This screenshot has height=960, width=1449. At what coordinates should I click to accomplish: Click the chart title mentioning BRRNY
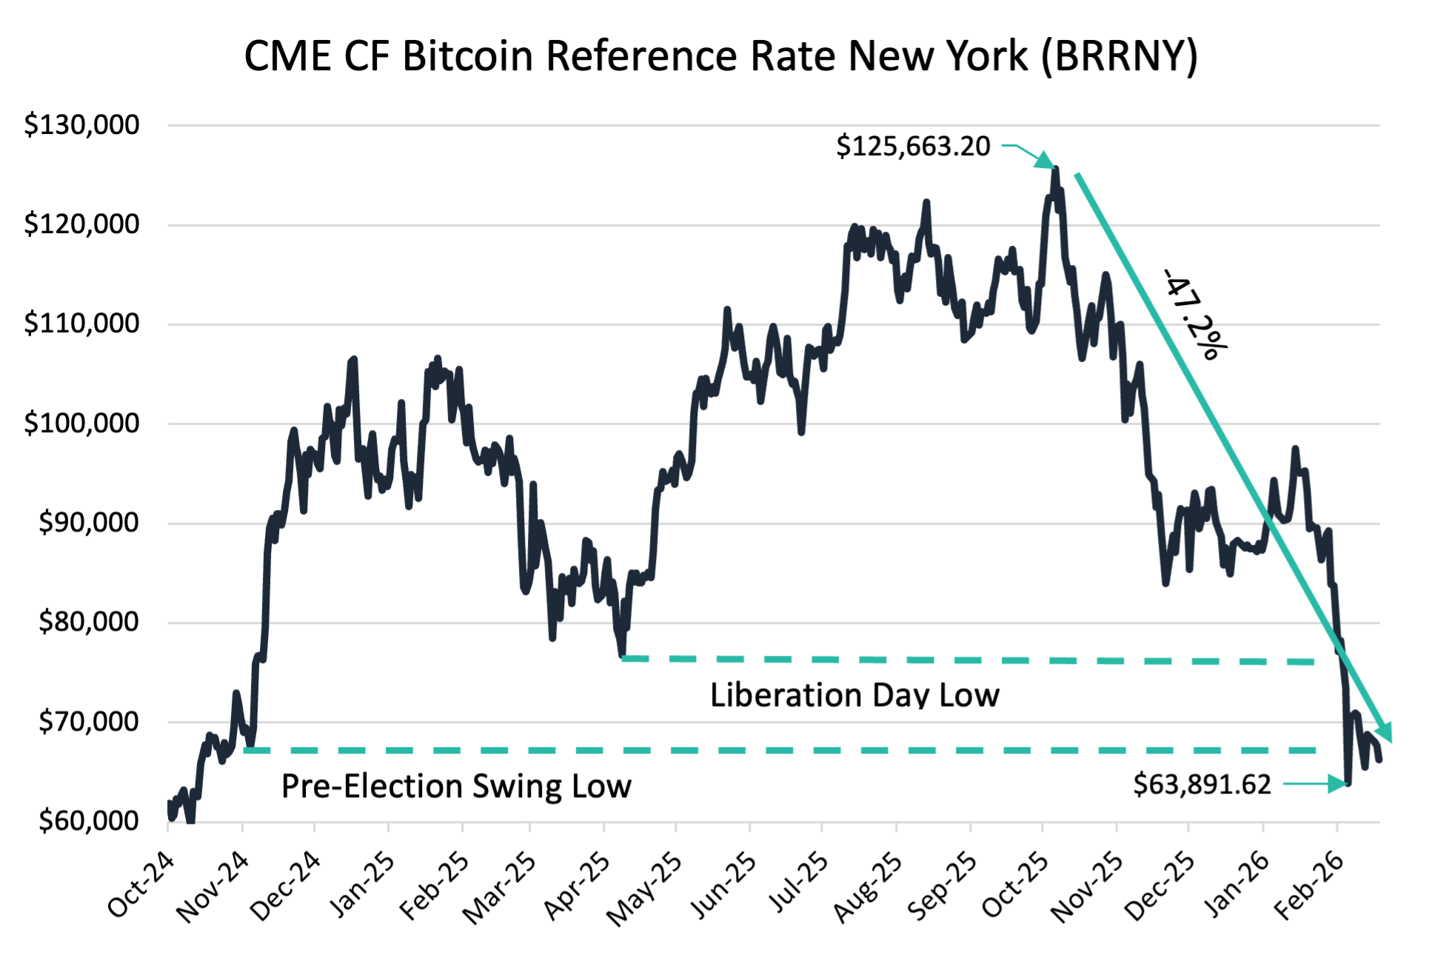click(x=720, y=56)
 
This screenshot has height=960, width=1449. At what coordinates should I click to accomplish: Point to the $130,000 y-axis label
click(x=81, y=124)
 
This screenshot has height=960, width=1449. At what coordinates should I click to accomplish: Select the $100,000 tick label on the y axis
click(x=81, y=423)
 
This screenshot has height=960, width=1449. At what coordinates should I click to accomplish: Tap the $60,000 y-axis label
click(x=88, y=820)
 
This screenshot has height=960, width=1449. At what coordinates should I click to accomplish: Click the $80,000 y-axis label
click(x=88, y=622)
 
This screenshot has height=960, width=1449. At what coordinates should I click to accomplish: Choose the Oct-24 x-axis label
click(x=141, y=885)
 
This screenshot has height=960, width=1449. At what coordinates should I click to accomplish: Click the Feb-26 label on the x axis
click(x=1309, y=885)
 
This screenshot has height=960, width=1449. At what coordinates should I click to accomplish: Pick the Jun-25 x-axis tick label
click(x=723, y=885)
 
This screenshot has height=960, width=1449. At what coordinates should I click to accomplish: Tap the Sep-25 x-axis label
click(x=943, y=885)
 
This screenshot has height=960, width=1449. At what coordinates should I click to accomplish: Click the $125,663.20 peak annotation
click(x=913, y=146)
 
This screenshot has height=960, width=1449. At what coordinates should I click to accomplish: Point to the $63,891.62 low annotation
click(x=1202, y=784)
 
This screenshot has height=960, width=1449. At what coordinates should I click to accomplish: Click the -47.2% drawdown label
click(x=1194, y=315)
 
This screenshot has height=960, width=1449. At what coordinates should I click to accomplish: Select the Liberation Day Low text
click(x=854, y=695)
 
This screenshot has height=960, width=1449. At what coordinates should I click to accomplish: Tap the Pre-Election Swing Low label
click(x=456, y=786)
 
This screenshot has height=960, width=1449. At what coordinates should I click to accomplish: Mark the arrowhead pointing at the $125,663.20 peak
click(x=1045, y=161)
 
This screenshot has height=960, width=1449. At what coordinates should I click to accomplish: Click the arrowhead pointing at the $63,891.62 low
click(x=1339, y=784)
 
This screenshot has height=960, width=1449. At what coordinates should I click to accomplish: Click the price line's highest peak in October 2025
click(x=1055, y=169)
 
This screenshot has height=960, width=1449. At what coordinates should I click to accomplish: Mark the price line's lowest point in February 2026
click(x=1348, y=783)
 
